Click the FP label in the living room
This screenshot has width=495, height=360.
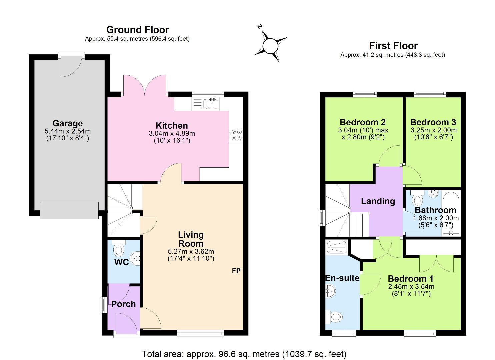[236, 271]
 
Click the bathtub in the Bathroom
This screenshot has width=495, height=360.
[451, 213]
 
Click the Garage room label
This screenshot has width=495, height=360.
[67, 123]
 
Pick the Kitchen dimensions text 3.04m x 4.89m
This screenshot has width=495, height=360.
[172, 133]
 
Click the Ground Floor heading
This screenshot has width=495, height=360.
[137, 30]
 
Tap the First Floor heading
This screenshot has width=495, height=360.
[393, 46]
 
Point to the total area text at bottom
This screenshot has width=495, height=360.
[244, 354]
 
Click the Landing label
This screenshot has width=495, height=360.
[378, 201]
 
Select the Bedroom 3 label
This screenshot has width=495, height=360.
[433, 122]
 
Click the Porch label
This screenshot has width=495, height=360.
[123, 304]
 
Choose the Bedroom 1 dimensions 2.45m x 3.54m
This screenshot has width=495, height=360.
[411, 287]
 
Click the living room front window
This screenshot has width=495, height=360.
[200, 333]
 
